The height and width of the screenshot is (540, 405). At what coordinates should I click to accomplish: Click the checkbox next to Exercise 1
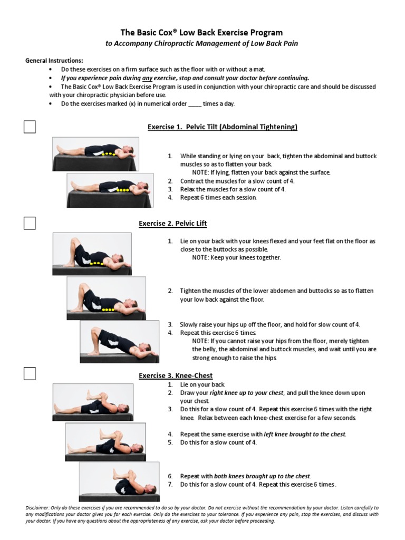click(30, 127)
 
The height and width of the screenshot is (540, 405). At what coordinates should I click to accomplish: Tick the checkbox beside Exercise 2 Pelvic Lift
click(30, 224)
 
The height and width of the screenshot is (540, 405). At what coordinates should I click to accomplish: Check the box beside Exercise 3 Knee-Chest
click(30, 374)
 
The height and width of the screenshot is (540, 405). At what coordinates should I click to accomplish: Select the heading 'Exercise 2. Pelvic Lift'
click(172, 224)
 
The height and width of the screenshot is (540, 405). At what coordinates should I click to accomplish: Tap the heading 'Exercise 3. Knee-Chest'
click(176, 375)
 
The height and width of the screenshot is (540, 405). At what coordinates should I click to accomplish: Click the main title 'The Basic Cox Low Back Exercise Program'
click(202, 33)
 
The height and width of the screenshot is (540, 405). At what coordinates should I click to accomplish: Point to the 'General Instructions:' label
click(54, 61)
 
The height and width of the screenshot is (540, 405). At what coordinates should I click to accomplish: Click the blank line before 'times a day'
click(194, 104)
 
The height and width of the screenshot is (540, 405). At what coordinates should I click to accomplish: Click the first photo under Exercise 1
click(95, 153)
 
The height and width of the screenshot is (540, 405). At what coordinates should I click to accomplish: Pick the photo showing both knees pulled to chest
click(119, 481)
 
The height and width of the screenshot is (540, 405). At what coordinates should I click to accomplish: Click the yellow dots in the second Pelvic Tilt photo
click(123, 189)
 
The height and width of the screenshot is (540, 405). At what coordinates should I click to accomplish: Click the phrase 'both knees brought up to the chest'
click(263, 476)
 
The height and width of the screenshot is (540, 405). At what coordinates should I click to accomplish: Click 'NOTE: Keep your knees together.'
click(236, 257)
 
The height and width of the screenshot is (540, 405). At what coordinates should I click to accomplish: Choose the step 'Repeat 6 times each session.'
click(218, 198)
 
